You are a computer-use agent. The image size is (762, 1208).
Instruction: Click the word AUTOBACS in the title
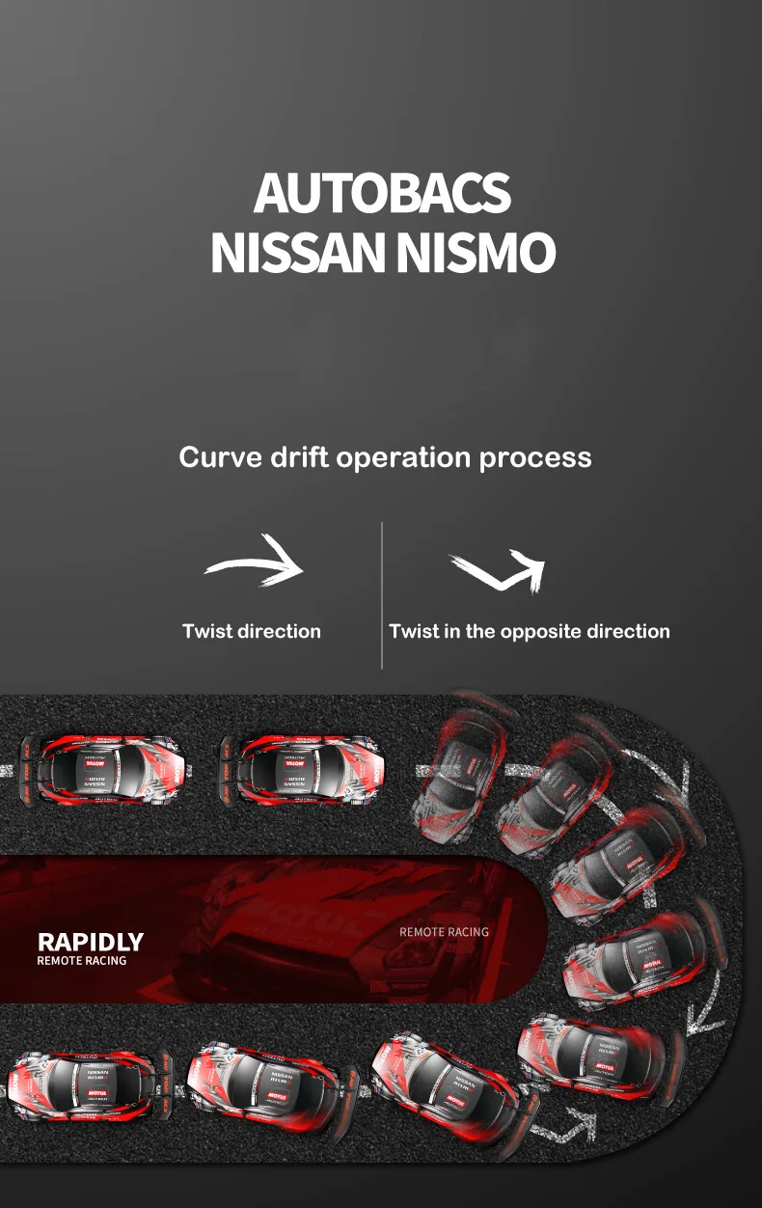tap(382, 193)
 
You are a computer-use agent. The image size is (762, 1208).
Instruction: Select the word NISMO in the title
tap(476, 252)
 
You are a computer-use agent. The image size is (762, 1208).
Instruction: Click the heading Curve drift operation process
tap(385, 456)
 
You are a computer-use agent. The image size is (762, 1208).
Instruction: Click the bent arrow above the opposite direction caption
tap(498, 570)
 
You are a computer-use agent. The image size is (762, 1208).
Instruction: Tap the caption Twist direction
tap(252, 631)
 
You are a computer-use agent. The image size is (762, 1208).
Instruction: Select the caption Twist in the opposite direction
tap(529, 631)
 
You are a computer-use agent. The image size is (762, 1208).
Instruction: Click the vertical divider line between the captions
tap(382, 594)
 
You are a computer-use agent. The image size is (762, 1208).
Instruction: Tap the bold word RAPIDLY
tap(90, 942)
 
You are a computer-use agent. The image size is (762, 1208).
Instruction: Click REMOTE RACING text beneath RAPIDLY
tap(82, 961)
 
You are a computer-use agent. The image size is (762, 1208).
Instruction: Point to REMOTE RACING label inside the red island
tap(444, 932)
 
